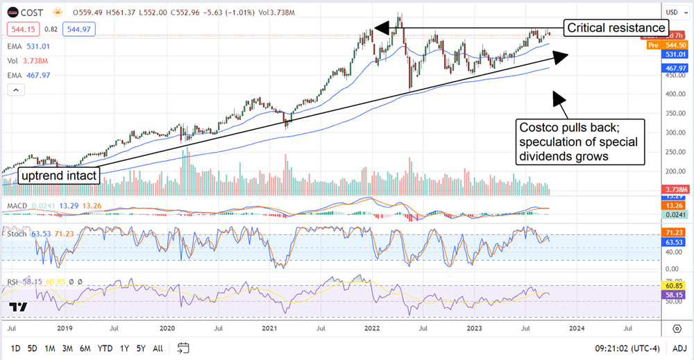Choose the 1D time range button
coord(15,348)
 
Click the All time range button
coord(158,348)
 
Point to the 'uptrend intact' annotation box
coord(59,176)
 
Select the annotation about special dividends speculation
coord(580,142)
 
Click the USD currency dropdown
coord(675,12)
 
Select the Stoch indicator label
coord(17,234)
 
